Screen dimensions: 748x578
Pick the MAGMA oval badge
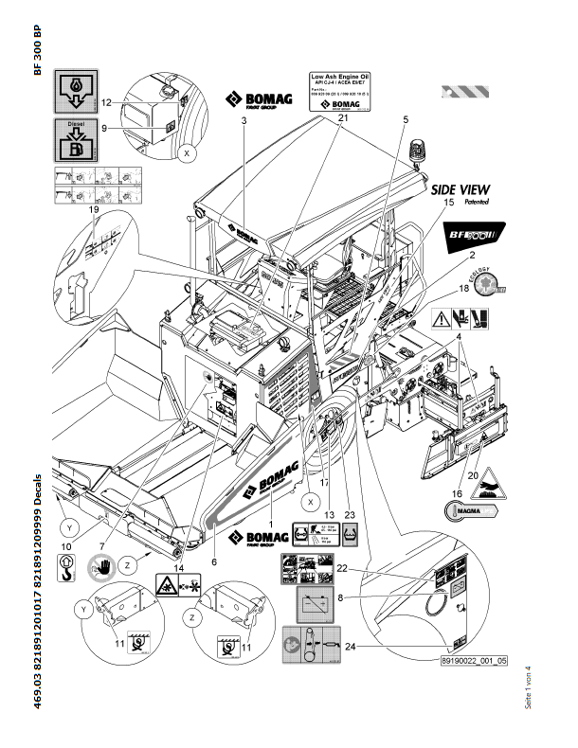[x=471, y=511]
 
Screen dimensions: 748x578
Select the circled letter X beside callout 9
[x=189, y=151]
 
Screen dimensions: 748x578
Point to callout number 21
[x=342, y=117]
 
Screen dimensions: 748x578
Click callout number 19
[x=93, y=211]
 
